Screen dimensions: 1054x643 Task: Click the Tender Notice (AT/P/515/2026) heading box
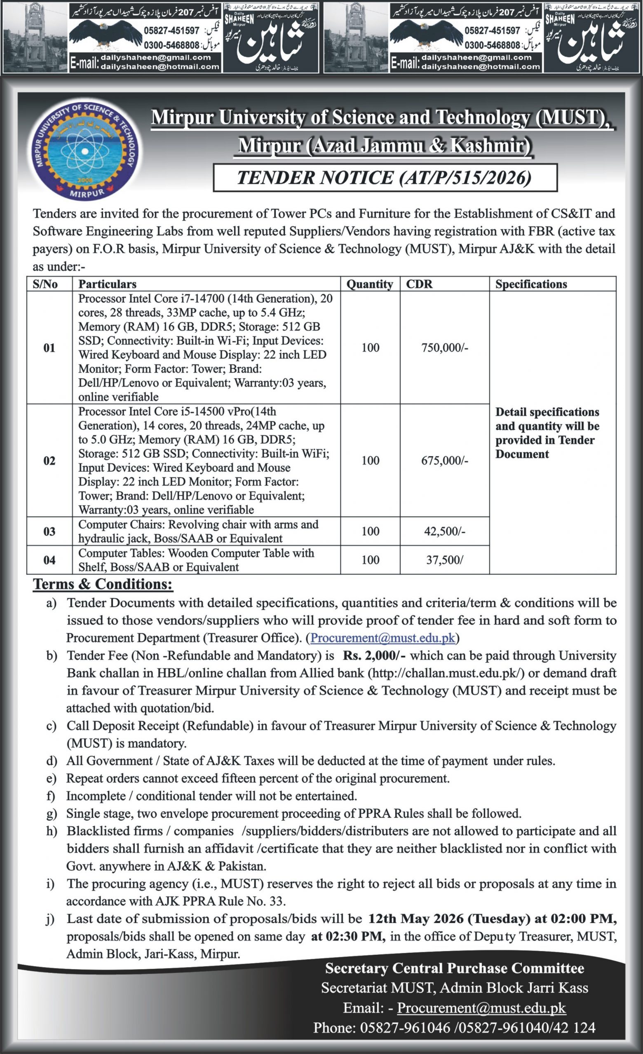(385, 177)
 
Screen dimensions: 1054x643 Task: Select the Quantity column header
(370, 284)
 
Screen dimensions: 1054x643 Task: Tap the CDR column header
(419, 284)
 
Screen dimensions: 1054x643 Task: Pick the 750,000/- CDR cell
(445, 348)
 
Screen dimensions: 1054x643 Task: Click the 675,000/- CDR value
(445, 461)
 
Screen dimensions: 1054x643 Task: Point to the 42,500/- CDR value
(445, 531)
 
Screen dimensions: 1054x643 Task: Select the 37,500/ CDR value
(445, 560)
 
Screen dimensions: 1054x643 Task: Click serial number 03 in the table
(49, 531)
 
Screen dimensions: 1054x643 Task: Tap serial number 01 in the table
(49, 348)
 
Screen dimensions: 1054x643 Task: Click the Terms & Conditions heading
(103, 584)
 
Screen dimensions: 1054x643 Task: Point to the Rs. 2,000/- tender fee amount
(374, 656)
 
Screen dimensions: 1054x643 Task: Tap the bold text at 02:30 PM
(348, 936)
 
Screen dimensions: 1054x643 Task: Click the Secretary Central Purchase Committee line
(454, 968)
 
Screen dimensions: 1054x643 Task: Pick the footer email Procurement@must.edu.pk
(481, 1007)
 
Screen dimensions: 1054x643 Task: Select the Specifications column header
(531, 284)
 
